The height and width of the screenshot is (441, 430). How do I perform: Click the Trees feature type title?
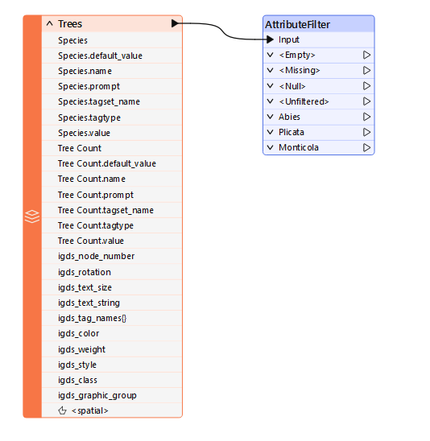(x=70, y=24)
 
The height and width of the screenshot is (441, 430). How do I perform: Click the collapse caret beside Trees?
(x=50, y=23)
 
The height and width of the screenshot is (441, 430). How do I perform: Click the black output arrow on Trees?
(x=175, y=23)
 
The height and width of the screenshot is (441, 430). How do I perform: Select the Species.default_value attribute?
(x=100, y=56)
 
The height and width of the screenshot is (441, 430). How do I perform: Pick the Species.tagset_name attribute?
(x=99, y=101)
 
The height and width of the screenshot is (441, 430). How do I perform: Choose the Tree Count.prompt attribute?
(x=96, y=195)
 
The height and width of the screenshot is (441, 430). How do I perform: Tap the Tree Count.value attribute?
(x=91, y=241)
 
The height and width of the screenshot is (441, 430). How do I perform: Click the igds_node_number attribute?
(x=97, y=256)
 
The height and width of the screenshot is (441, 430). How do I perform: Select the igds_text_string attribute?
(x=89, y=303)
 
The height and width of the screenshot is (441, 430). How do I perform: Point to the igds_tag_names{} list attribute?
(x=93, y=318)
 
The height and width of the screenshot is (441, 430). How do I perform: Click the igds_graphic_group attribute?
(x=97, y=395)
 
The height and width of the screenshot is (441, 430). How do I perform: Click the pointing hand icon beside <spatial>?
(x=62, y=410)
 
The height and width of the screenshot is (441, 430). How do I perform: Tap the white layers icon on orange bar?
(x=32, y=216)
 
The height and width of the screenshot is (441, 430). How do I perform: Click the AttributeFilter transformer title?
(x=297, y=24)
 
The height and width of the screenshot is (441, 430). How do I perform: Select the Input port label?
(x=289, y=39)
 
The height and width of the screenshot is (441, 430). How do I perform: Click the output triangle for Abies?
(x=366, y=117)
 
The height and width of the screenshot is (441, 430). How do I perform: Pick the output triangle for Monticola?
(x=366, y=147)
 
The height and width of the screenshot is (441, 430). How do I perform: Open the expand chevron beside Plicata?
(x=270, y=132)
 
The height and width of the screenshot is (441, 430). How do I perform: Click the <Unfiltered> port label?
(x=304, y=101)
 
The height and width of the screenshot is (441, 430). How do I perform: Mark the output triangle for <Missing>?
(x=366, y=70)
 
